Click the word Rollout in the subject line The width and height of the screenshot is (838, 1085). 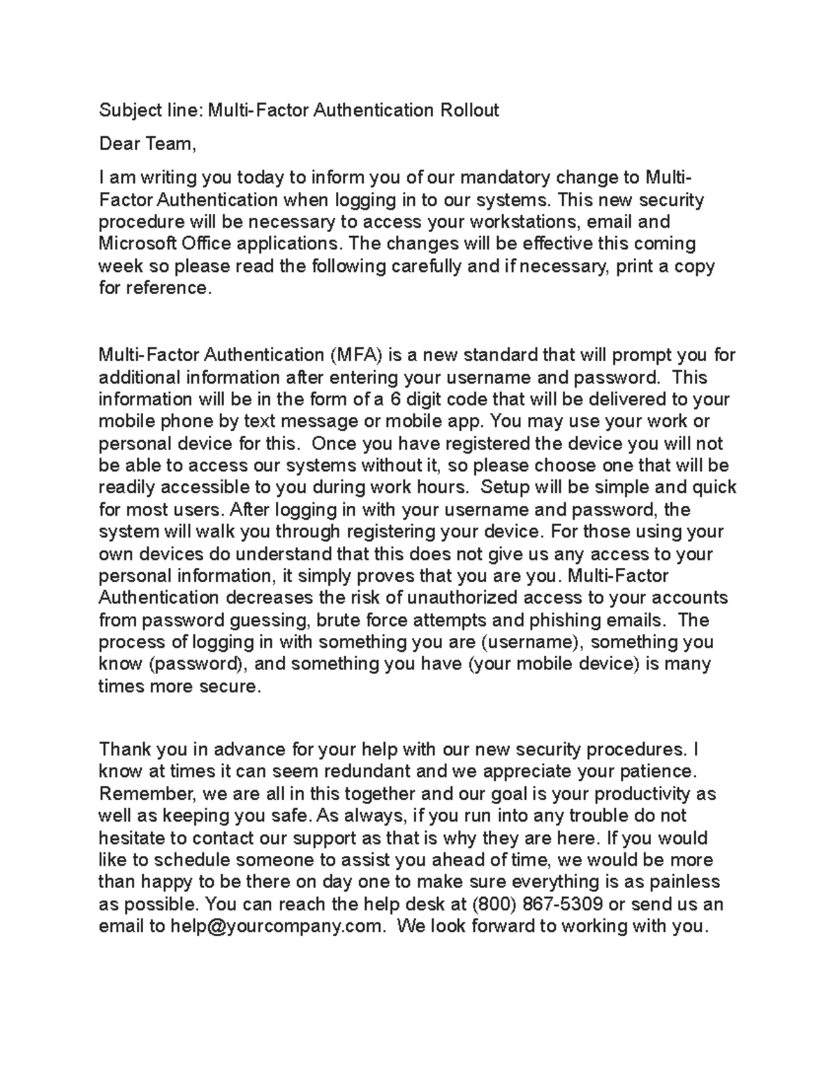(x=469, y=110)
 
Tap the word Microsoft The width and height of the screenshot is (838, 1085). (x=137, y=244)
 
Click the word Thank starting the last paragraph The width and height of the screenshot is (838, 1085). (x=124, y=750)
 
